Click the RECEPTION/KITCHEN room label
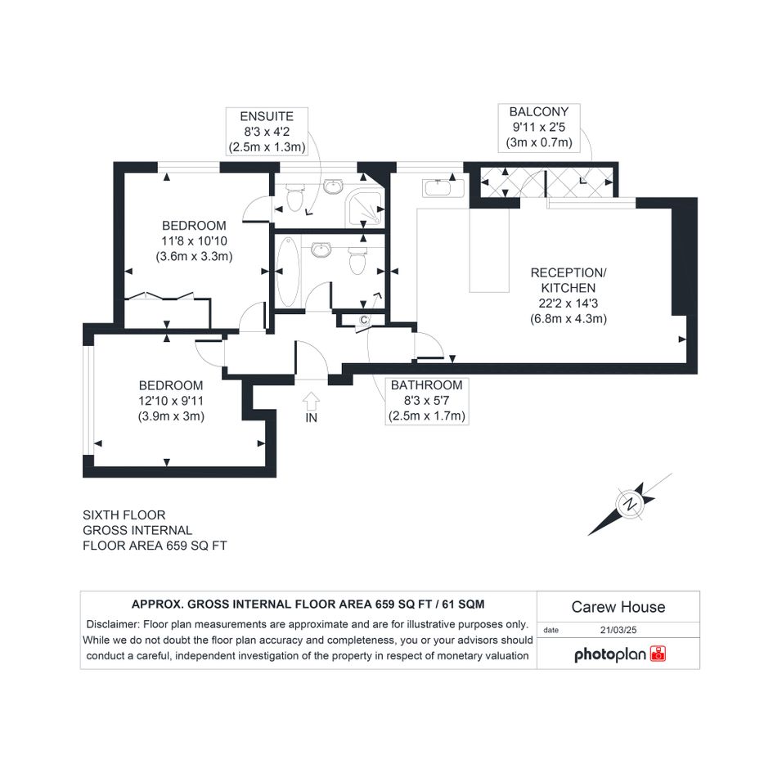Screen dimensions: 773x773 point(569,280)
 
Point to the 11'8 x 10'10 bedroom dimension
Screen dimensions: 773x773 point(194,241)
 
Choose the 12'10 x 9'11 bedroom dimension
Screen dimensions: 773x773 point(171,401)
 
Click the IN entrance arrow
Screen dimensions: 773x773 point(311,401)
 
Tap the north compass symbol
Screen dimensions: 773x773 point(631,505)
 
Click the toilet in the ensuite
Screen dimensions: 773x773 point(294,197)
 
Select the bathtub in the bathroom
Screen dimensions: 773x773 point(287,271)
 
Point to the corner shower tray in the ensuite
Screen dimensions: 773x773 point(365,207)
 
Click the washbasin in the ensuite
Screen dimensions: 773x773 point(334,187)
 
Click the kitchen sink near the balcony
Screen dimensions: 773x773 point(443,187)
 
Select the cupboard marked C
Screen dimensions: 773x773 point(363,321)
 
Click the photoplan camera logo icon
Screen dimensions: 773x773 point(658,654)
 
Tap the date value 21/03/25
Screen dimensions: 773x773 point(618,630)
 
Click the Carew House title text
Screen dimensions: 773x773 point(618,607)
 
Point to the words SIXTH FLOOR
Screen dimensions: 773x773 point(124,515)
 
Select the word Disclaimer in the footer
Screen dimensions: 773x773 point(113,624)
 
